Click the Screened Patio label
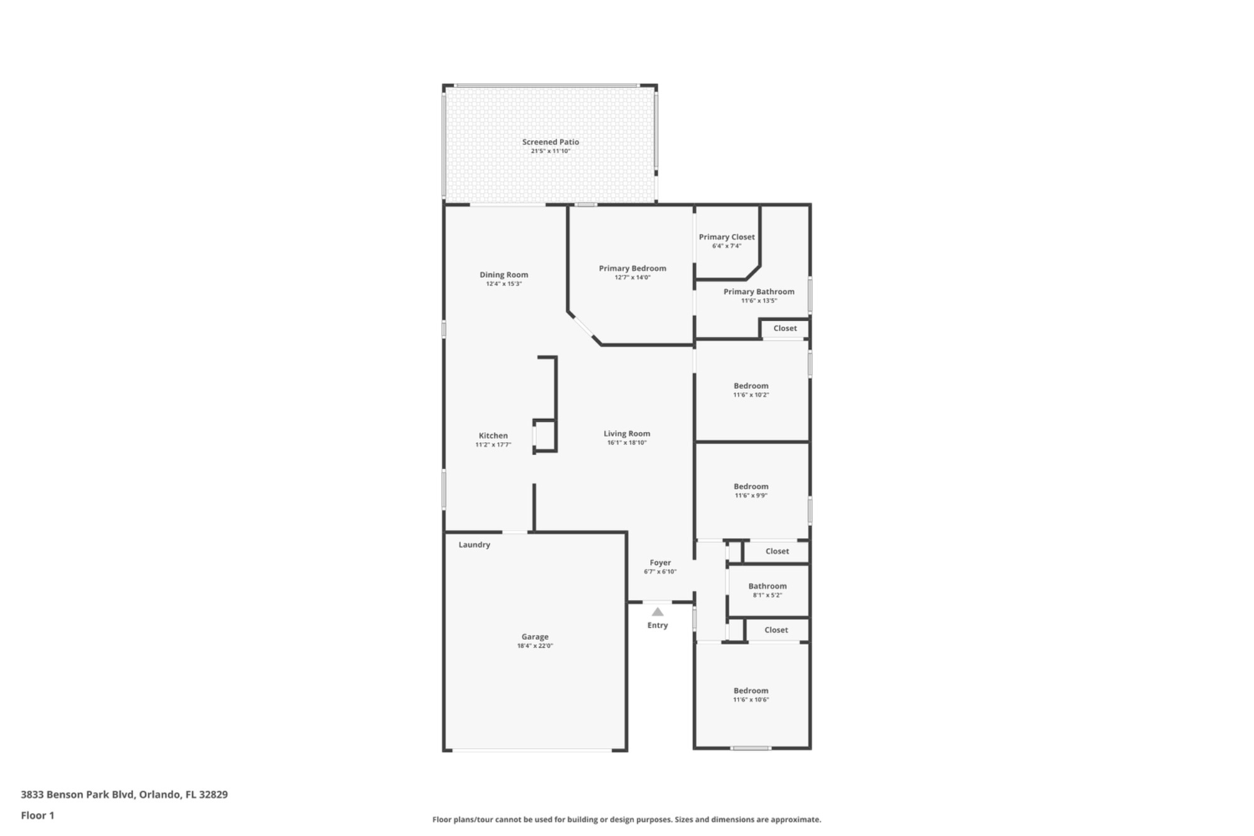[x=551, y=142]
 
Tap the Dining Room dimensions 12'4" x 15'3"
[x=503, y=284]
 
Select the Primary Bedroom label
[x=632, y=268]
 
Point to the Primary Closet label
[x=727, y=237]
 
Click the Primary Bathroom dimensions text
[x=759, y=301]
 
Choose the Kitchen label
[x=493, y=436]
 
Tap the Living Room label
[x=626, y=434]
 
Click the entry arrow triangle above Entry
[x=657, y=612]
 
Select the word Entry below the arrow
[x=657, y=625]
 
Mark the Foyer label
[x=660, y=563]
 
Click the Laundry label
[x=474, y=545]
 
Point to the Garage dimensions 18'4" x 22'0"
[x=535, y=646]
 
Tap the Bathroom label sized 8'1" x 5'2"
[x=767, y=586]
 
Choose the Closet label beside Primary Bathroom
[x=784, y=329]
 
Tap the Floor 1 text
[x=38, y=815]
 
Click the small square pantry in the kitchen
[x=545, y=436]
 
